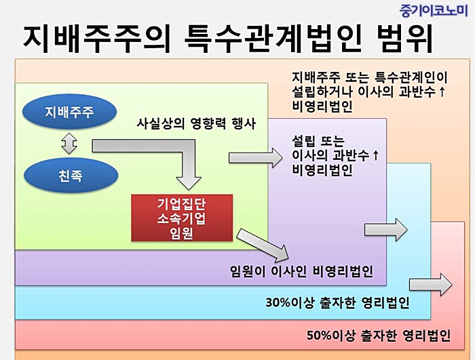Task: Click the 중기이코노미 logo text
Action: [x=434, y=11]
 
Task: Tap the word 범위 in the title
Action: [x=404, y=39]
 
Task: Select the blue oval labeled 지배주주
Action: [x=69, y=112]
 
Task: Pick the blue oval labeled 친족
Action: [x=71, y=176]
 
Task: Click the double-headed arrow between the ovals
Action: [x=69, y=143]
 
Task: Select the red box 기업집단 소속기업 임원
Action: [x=182, y=218]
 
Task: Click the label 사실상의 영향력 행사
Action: [x=196, y=123]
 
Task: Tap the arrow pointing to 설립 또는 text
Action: [x=256, y=158]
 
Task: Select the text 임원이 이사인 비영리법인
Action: [x=301, y=271]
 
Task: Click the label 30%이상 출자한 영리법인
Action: [x=338, y=302]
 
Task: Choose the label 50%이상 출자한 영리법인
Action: [x=379, y=335]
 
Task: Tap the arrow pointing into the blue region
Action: [x=386, y=230]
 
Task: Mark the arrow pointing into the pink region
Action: [x=430, y=285]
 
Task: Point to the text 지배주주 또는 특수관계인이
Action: [x=370, y=77]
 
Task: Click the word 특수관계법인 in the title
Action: [x=272, y=39]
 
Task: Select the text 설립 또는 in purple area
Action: [x=318, y=141]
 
